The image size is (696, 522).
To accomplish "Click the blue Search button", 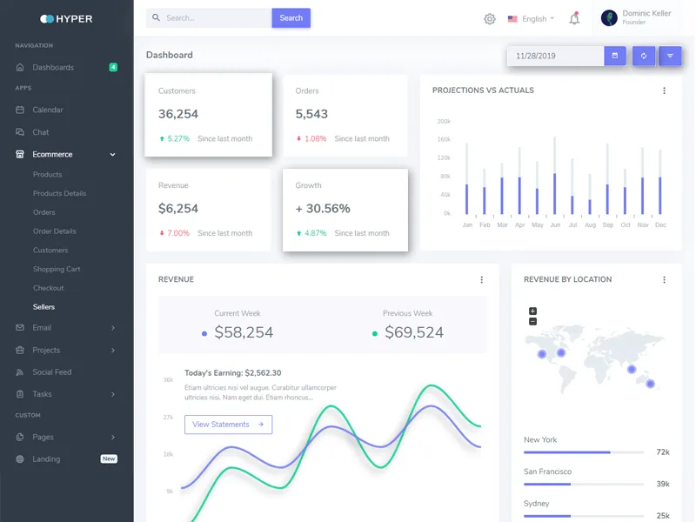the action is coord(291,18).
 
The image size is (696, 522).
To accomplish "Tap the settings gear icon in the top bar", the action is coord(489,19).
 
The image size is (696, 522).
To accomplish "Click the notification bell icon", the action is coord(574,18).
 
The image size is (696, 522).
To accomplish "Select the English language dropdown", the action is coord(531,19).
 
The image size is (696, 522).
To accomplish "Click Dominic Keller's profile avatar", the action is coord(609,18).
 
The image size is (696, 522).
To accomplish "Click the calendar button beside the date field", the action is coord(615,56).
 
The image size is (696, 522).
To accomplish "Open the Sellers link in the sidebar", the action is coord(44,307).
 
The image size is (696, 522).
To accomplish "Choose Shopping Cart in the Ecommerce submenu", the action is coord(57,269).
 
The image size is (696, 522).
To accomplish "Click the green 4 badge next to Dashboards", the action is coord(113,67).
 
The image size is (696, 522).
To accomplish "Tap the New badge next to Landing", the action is coord(109,458).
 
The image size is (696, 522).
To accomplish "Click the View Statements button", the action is coord(228,425).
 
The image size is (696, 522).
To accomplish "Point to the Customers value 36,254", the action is coord(178,114).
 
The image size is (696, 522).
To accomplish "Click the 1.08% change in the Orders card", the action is coord(315,138).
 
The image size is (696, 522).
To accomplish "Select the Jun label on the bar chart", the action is coord(555,225).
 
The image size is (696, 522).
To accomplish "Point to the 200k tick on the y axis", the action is coord(444,121).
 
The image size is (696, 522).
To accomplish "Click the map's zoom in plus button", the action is coord(532,311).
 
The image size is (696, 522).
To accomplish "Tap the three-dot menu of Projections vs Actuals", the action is coord(664,90).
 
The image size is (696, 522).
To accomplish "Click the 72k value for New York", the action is coord(663,452).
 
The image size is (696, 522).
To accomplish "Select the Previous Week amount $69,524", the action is coord(414,332).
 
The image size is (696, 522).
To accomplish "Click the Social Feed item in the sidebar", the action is coord(52,372).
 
